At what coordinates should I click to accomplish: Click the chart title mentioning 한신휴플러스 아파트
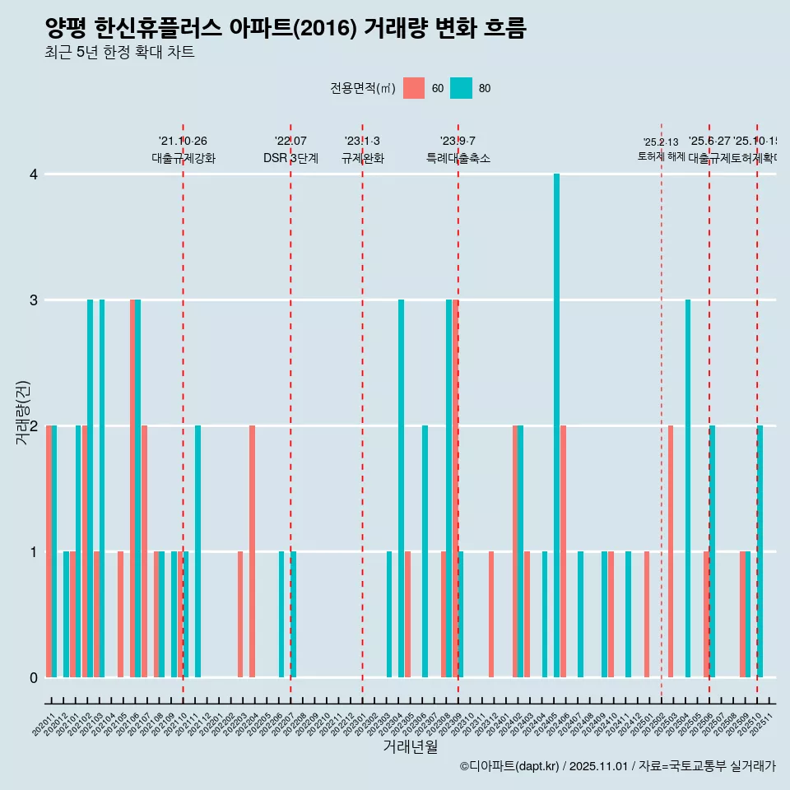coord(285,29)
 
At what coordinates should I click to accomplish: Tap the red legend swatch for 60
coord(414,88)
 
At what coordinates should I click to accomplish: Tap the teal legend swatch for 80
coord(461,88)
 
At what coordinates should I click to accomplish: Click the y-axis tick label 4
coord(33,174)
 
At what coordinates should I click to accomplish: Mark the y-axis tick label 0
coord(33,677)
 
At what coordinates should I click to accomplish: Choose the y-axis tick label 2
coord(33,425)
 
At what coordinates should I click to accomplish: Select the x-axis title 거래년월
coord(410,746)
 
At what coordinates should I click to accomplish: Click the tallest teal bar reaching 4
coord(557,425)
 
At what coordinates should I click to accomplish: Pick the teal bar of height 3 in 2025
coord(688,489)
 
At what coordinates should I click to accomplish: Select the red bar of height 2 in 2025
coord(671,551)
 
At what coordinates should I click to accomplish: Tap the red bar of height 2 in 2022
coord(252,551)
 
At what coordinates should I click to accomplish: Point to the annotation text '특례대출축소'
coord(458,158)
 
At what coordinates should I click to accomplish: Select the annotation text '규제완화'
coord(362,158)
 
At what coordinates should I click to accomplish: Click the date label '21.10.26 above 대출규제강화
coord(183,141)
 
